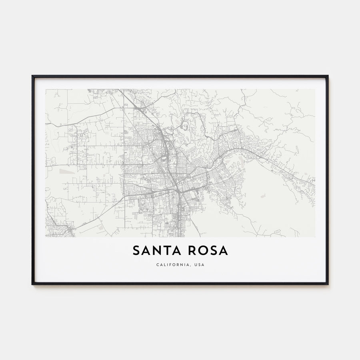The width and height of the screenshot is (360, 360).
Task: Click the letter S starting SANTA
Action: pos(136,251)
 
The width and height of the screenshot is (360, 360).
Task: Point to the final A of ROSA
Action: pos(224,251)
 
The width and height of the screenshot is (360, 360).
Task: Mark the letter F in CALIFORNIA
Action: pos(171,265)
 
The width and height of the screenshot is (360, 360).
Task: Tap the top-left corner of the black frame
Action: pos(32,76)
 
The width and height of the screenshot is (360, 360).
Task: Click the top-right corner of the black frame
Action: pos(328,76)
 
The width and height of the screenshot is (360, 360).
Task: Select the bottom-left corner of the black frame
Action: pos(32,284)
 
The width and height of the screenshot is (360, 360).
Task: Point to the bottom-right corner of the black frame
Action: pos(328,284)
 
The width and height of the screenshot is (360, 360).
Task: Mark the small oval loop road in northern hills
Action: pos(185,128)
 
